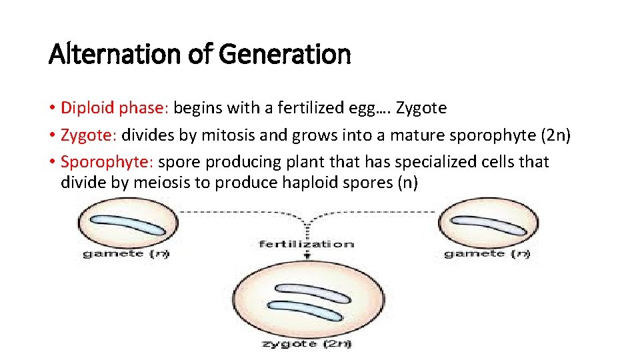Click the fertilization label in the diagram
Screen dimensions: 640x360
pos(306,244)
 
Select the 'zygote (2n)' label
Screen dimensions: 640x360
pos(307,344)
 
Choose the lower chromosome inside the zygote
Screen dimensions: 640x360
pos(304,312)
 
